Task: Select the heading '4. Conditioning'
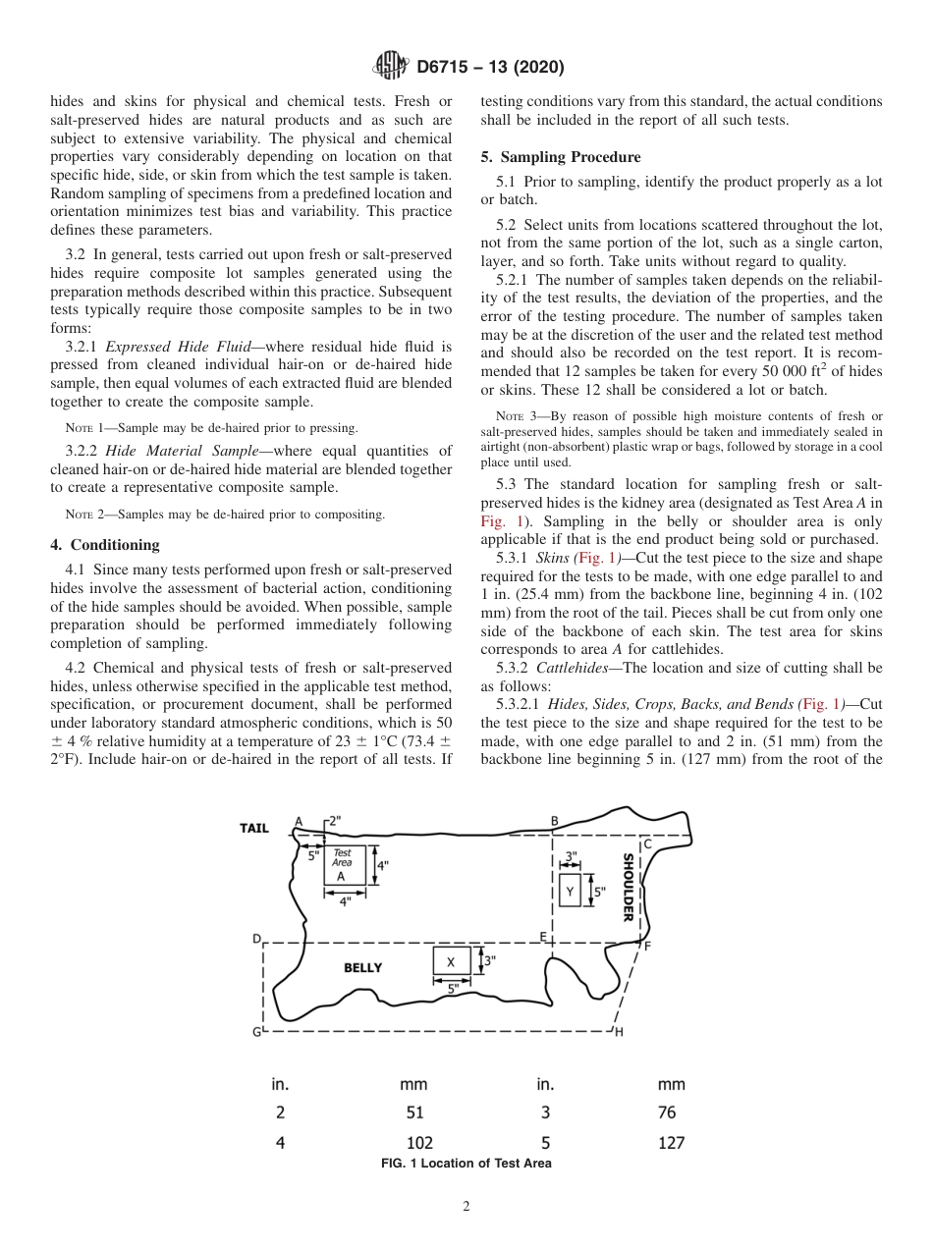click(x=104, y=545)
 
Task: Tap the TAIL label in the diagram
click(x=254, y=828)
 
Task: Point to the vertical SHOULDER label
click(x=628, y=887)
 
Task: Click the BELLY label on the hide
click(x=362, y=967)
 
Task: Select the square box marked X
click(x=451, y=962)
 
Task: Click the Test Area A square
click(x=344, y=865)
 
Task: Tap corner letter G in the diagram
click(x=257, y=1032)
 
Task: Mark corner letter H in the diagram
click(x=619, y=1033)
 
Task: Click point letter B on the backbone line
click(x=554, y=822)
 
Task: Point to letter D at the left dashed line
click(x=257, y=939)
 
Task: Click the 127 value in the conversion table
click(x=671, y=1142)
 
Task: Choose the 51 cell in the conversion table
click(x=414, y=1113)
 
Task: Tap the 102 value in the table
click(x=419, y=1142)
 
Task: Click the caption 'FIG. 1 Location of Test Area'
click(x=466, y=1164)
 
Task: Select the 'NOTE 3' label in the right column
click(x=511, y=417)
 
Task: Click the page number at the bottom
click(x=466, y=1207)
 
